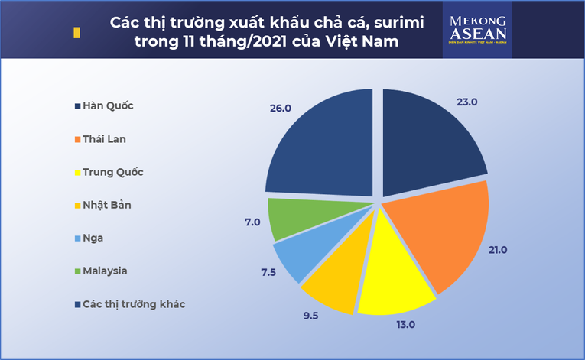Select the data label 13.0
coord(405,324)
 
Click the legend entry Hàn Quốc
coord(106,106)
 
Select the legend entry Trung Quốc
coord(112,172)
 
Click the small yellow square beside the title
coord(76,34)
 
